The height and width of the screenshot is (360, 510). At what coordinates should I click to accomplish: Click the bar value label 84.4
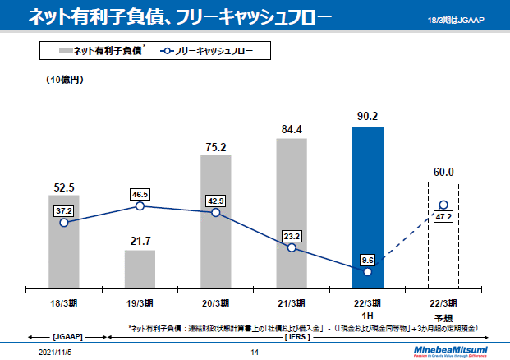point(292,129)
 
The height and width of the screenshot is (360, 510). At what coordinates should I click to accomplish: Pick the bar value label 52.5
point(63,187)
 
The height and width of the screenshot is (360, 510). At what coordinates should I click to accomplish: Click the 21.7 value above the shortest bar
point(140,240)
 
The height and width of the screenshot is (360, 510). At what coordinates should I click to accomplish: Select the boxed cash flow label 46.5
point(140,194)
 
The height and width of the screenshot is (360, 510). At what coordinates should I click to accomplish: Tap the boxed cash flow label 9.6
point(367,260)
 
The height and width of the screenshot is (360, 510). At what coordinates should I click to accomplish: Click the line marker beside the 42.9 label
point(216,212)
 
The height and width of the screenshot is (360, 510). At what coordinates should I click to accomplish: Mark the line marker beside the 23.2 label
point(292,247)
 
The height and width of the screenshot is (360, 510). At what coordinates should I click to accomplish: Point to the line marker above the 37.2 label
point(63,223)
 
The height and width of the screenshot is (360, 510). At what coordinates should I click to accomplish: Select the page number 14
point(255,353)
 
